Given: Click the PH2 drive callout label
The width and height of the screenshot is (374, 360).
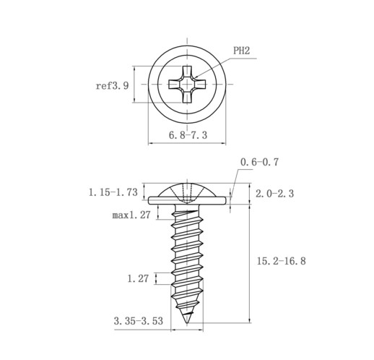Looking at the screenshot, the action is tap(241, 51).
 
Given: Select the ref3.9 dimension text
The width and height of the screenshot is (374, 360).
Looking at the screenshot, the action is tap(112, 86).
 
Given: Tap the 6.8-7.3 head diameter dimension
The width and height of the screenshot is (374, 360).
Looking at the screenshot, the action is tap(188, 135).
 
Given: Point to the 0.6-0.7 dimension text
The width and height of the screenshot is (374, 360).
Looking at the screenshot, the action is tap(259, 162).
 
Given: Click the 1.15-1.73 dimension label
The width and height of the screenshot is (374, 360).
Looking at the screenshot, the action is tap(113, 192).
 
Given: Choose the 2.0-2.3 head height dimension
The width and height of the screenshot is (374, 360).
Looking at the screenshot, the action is tap(274, 194).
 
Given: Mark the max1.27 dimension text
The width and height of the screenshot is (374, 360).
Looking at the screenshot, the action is tap(131, 215).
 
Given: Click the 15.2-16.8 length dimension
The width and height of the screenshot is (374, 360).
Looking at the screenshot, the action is tap(282, 261).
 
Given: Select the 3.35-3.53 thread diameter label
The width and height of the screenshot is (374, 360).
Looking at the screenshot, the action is tap(139, 321).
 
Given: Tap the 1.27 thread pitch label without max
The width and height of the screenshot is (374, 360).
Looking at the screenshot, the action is tap(138, 278).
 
